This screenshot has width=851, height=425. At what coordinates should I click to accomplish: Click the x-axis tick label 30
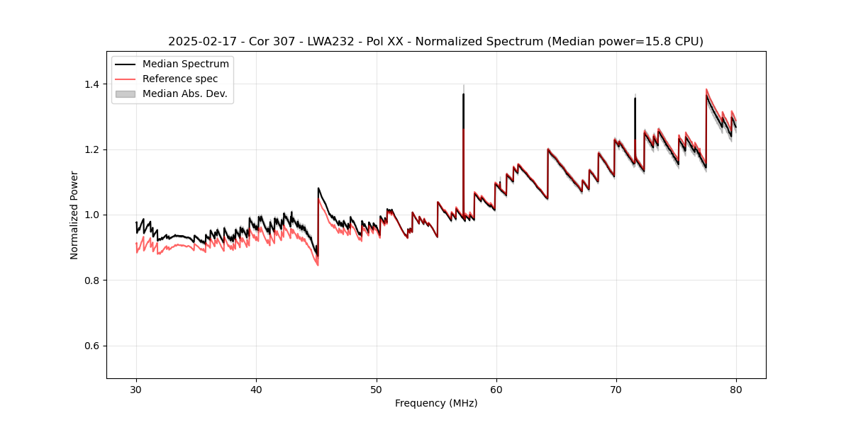pos(136,390)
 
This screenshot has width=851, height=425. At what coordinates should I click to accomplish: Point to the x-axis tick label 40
pos(256,390)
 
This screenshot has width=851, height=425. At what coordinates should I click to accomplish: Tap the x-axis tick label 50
pos(377,390)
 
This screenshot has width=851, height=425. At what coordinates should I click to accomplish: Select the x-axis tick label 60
pos(496,390)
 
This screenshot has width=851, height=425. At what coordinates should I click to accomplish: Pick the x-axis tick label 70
pos(616,390)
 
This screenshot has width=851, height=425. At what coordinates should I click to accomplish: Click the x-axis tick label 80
pos(736,390)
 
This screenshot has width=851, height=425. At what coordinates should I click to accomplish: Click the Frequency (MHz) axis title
pos(436,403)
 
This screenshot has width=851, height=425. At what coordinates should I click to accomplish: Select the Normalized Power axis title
pos(74,215)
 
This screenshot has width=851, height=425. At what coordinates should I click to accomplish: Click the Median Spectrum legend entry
pos(185,64)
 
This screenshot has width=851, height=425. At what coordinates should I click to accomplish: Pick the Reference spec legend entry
pos(180,79)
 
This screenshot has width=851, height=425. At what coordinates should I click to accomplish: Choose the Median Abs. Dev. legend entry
pos(184,93)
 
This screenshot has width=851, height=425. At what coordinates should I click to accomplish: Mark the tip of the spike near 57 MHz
pos(463,93)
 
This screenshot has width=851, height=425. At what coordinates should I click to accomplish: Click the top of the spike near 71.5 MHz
pos(635,98)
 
